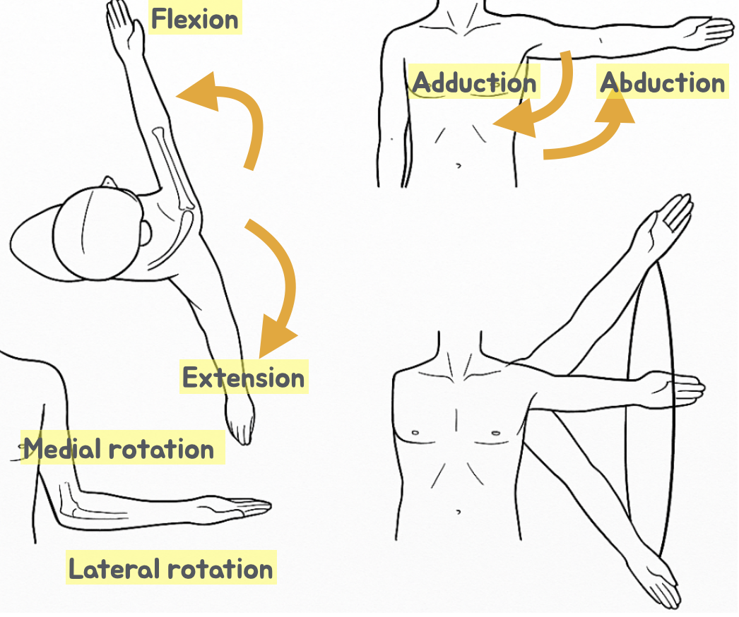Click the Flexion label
tap(196, 19)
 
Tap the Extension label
tap(244, 378)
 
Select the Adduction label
tap(474, 83)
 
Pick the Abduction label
tap(663, 83)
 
